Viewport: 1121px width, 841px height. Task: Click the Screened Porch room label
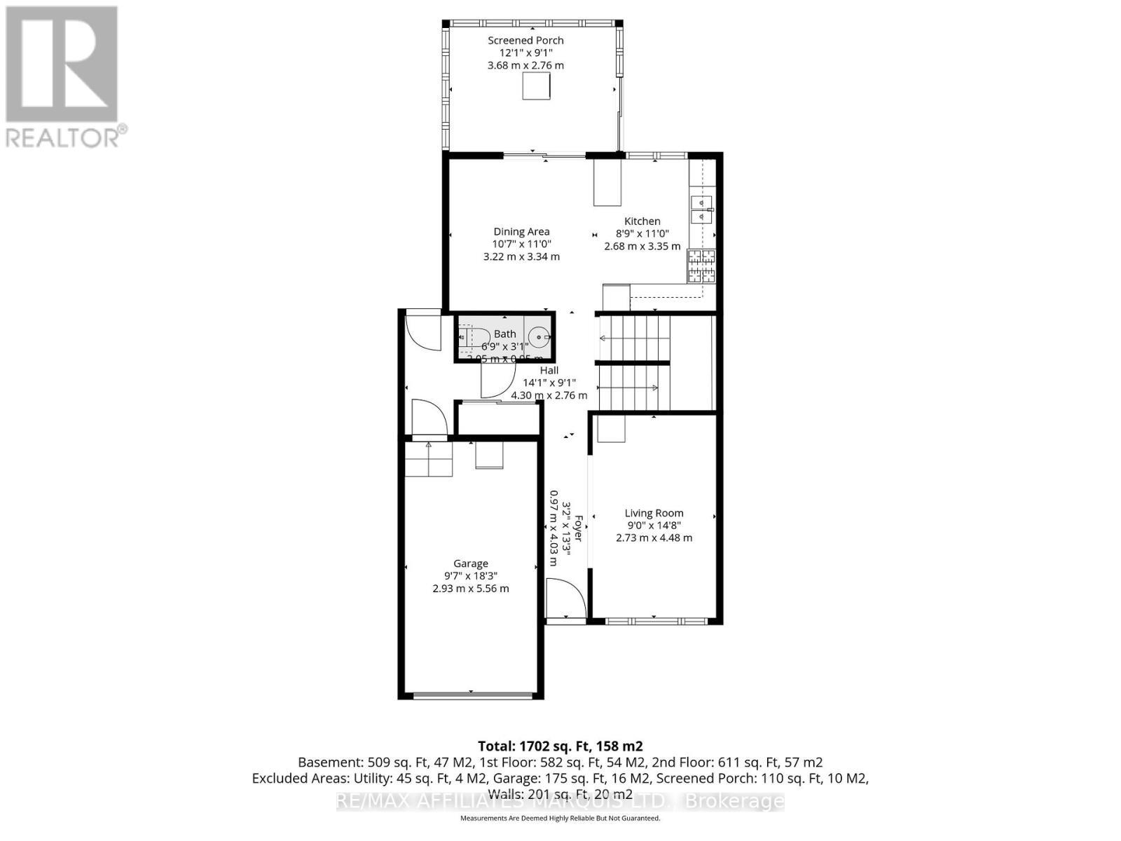tap(525, 41)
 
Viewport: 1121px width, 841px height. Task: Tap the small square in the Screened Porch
tap(536, 86)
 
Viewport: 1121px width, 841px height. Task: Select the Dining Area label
tap(521, 232)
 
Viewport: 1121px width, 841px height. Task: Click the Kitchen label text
tap(642, 221)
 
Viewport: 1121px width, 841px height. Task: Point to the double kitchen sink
tap(701, 210)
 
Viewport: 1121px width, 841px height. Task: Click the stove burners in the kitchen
tap(701, 266)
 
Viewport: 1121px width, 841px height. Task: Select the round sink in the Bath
tap(538, 338)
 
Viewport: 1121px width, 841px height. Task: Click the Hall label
tap(549, 370)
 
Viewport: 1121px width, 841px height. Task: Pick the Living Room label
tap(654, 513)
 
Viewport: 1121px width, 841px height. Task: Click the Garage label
tap(470, 563)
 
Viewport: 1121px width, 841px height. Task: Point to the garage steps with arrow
tap(428, 458)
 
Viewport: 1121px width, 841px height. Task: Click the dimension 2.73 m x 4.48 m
tap(654, 538)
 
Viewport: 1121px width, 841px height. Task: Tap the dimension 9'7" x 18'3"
tap(470, 576)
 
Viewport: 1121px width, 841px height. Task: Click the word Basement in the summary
tap(323, 763)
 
